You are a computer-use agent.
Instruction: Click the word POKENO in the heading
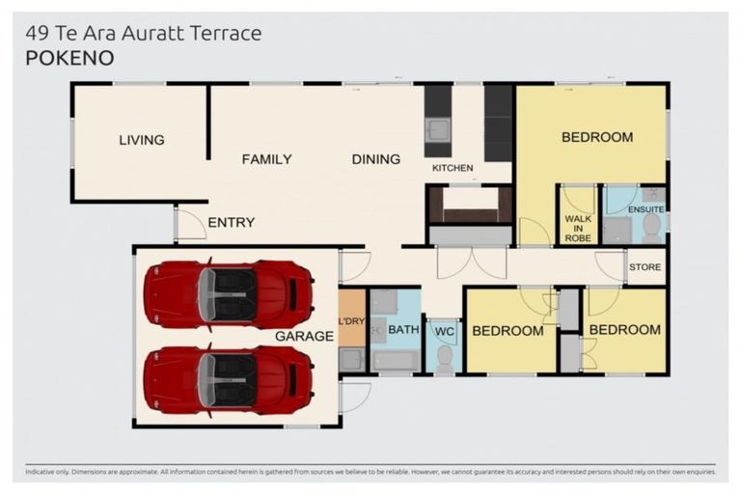[x=69, y=58]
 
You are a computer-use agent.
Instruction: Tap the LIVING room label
[x=142, y=140]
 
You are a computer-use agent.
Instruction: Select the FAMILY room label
[x=266, y=159]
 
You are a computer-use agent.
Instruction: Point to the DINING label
[x=375, y=159]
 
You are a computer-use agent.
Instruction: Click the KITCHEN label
[x=453, y=168]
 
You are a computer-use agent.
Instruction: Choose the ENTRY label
[x=232, y=223]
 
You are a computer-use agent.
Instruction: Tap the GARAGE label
[x=304, y=337]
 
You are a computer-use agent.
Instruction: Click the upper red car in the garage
[x=228, y=293]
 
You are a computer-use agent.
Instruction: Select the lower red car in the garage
[x=228, y=379]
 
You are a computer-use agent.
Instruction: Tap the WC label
[x=444, y=332]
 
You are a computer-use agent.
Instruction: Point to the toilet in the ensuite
[x=651, y=228]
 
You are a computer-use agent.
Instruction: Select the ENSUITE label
[x=645, y=207]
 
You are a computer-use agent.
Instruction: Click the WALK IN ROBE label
[x=577, y=228]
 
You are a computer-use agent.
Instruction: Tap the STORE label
[x=645, y=266]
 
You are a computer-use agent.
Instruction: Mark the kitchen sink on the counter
[x=437, y=128]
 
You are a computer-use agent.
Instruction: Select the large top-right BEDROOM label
[x=597, y=137]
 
